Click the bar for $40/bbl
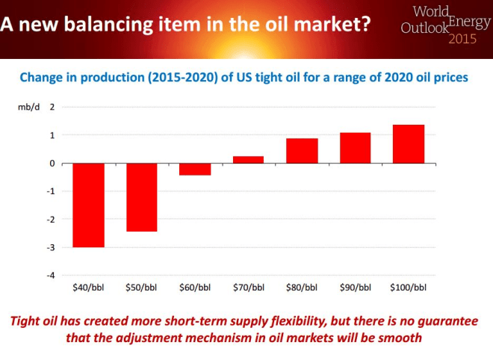(x=88, y=205)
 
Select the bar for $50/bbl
(x=142, y=197)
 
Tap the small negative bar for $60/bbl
(x=195, y=169)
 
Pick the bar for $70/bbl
(x=249, y=160)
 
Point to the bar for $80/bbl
(x=302, y=151)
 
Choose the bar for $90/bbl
(x=356, y=148)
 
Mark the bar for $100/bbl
(x=409, y=144)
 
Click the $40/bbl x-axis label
(x=88, y=287)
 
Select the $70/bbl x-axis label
(x=249, y=287)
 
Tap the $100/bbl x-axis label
(x=409, y=287)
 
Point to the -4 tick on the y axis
(x=52, y=275)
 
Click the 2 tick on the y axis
(x=52, y=107)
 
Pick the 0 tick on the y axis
(x=52, y=163)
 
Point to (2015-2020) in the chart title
(x=167, y=77)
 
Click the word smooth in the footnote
(x=402, y=338)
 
